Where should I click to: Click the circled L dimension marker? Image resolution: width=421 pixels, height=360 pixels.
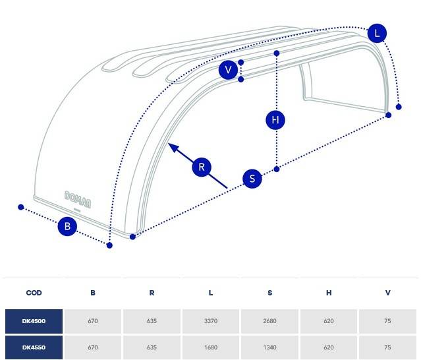[x=377, y=34]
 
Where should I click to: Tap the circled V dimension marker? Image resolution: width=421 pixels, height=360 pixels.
[x=228, y=70]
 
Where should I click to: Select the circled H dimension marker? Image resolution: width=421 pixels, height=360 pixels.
[x=275, y=120]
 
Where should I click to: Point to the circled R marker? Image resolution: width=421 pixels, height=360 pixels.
[x=202, y=167]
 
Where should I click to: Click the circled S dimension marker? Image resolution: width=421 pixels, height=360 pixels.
[x=252, y=179]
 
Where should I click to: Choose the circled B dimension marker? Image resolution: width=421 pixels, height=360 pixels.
[x=67, y=226]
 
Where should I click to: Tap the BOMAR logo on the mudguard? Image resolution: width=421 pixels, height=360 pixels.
[x=78, y=199]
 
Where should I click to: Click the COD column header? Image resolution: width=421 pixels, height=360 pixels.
[x=34, y=293]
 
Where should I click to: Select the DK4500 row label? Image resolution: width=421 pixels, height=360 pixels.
[x=34, y=321]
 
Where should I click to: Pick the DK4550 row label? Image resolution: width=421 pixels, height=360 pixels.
[x=34, y=347]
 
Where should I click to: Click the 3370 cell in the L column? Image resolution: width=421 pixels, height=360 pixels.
[x=211, y=321]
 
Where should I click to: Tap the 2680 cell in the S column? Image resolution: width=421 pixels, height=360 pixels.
[x=270, y=321]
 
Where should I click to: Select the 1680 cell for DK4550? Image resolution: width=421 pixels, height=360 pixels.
[x=211, y=347]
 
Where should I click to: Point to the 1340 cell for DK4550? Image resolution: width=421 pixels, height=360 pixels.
[x=270, y=347]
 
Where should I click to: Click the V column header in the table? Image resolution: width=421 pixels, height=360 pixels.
[x=387, y=293]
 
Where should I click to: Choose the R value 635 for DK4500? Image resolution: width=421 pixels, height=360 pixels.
[x=152, y=321]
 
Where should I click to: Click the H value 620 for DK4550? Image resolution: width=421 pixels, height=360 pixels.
[x=329, y=347]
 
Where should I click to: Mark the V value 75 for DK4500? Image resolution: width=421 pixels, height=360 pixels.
[x=387, y=321]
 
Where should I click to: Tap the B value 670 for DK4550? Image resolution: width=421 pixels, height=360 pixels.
[x=93, y=347]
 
